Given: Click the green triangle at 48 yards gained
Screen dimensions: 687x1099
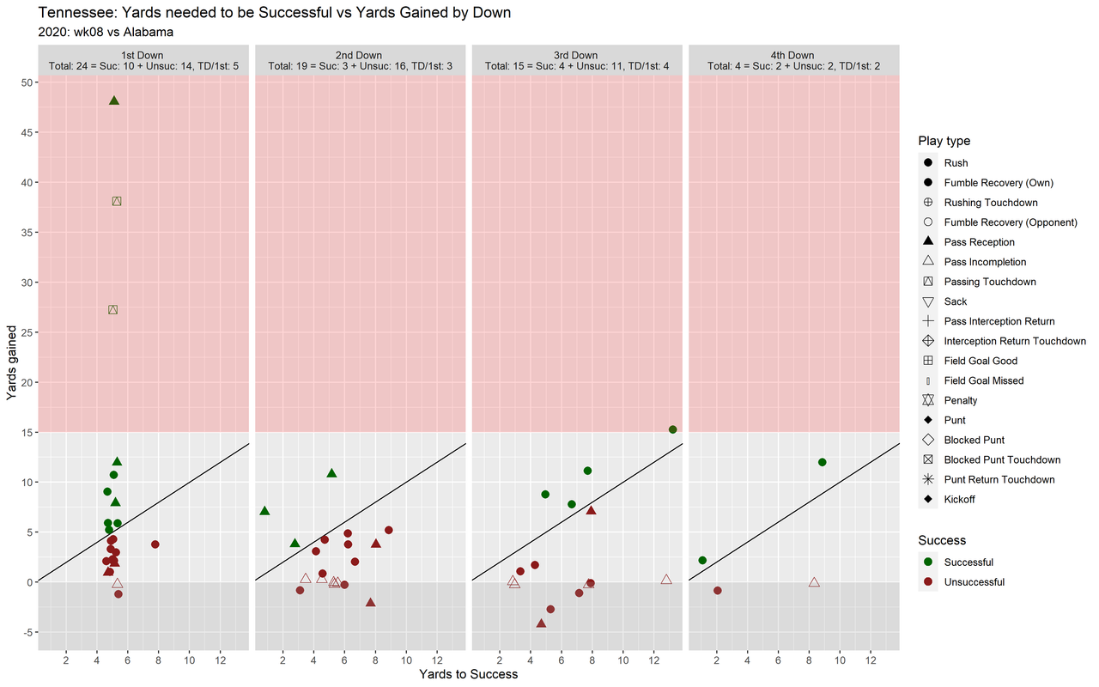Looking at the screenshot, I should (114, 100).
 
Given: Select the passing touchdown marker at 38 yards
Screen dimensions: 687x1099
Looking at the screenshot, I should (117, 201).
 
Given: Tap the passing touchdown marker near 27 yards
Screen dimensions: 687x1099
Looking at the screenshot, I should (112, 309).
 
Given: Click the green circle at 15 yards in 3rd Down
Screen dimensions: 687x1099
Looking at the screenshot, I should (672, 429).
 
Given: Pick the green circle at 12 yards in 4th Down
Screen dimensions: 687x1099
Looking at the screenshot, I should (822, 462).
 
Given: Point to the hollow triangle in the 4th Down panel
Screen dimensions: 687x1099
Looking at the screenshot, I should (814, 582).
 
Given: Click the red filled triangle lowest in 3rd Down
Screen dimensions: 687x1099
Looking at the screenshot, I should (541, 623).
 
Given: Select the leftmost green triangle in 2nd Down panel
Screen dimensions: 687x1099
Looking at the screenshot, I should (264, 511).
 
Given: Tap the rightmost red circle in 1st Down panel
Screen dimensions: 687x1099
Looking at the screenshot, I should (155, 544).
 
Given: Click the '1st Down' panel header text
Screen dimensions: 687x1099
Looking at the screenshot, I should (143, 56).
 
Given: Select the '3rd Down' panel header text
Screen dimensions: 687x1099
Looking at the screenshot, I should (576, 56).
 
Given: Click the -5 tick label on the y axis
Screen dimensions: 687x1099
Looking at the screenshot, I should (27, 633).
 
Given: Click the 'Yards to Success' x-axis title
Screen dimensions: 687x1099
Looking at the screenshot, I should (468, 674).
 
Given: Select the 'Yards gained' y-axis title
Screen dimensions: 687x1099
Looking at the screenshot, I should (12, 362).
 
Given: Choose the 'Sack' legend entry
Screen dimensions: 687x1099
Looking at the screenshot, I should (955, 301).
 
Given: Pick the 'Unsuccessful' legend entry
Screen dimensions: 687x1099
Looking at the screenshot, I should (974, 582).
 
